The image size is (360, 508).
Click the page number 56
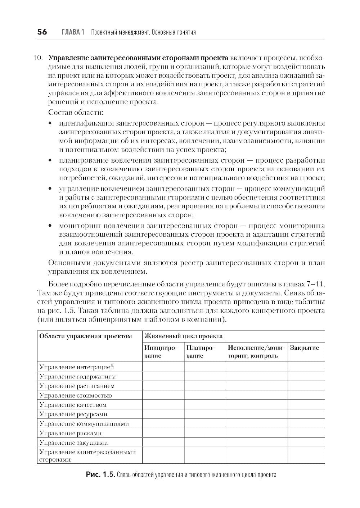click(x=42, y=32)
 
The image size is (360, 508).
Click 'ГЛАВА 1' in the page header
click(x=73, y=32)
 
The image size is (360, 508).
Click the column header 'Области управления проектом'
click(x=85, y=336)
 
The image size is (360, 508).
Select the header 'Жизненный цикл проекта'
click(x=183, y=336)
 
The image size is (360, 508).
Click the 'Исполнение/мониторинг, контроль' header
click(x=256, y=352)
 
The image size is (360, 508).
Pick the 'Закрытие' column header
click(x=305, y=348)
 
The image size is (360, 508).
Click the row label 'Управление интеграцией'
click(x=77, y=367)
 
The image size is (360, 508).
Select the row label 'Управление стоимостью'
click(x=76, y=395)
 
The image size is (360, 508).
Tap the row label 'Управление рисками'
click(x=71, y=433)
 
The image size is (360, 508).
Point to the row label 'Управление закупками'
click(x=74, y=443)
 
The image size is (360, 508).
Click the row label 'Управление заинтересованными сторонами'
click(x=87, y=455)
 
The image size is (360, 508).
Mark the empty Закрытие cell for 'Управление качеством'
click(x=306, y=405)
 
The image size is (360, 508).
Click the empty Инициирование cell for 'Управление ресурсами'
click(x=163, y=414)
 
